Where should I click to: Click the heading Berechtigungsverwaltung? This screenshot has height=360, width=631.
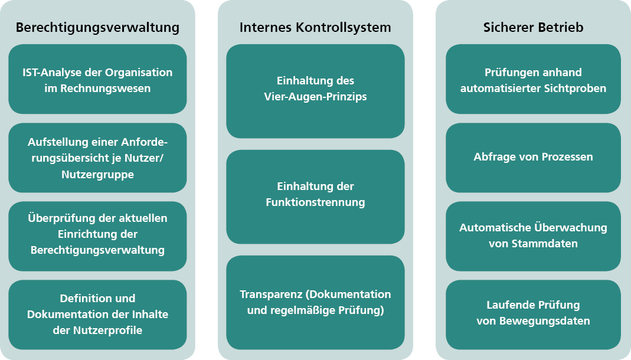pos(97,28)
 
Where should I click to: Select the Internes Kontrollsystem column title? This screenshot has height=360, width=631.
pos(315,28)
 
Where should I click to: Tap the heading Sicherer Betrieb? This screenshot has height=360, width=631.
pos(533,28)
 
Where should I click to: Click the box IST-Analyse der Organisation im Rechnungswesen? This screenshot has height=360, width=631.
pos(97,80)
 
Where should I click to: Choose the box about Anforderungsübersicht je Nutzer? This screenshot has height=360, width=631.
pos(97,158)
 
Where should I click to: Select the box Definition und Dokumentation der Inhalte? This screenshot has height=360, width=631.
pos(97,315)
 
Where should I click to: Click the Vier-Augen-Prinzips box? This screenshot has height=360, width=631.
pos(315,91)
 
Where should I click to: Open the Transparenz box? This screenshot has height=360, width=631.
pos(315,302)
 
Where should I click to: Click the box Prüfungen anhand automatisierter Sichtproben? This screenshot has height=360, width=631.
pos(533,80)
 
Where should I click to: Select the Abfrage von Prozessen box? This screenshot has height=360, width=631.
pos(533,157)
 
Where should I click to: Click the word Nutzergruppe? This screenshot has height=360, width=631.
pos(97,175)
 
